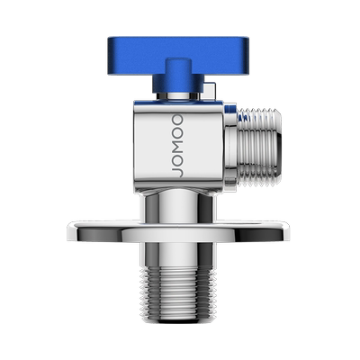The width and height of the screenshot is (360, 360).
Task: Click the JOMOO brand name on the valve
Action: pyautogui.click(x=177, y=146)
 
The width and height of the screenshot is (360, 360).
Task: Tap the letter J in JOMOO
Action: pyautogui.click(x=177, y=172)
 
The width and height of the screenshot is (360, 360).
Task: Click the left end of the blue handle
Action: pyautogui.click(x=109, y=56)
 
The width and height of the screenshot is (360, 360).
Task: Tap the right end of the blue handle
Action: pyautogui.click(x=247, y=56)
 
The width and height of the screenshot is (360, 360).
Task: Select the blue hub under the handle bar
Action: pyautogui.click(x=178, y=76)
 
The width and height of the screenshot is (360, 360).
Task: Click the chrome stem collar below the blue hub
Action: pyautogui.click(x=178, y=96)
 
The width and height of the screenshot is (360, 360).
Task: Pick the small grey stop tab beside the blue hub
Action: pyautogui.click(x=210, y=90)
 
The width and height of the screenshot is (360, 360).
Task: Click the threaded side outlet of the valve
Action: pyautogui.click(x=259, y=146)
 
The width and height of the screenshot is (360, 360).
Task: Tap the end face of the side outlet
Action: pyautogui.click(x=279, y=146)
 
